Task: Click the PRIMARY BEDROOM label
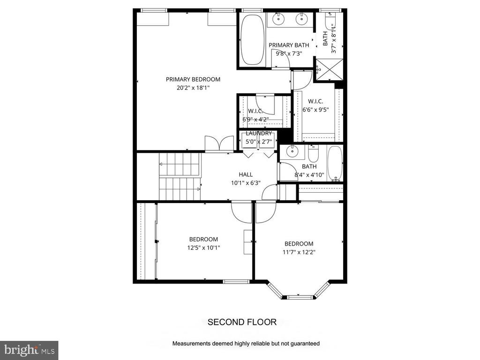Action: (193, 79)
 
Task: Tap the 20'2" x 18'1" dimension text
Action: (193, 88)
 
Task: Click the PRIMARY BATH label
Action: (289, 45)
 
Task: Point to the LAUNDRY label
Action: (259, 133)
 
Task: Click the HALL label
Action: (246, 174)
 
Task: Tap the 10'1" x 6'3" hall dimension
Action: (246, 183)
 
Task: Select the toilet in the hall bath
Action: (313, 154)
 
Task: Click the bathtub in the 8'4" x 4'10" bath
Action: (335, 164)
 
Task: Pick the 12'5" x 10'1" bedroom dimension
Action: (203, 247)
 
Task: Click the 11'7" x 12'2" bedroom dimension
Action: (299, 252)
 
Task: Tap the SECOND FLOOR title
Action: (242, 322)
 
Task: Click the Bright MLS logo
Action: (29, 350)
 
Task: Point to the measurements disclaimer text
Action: (246, 344)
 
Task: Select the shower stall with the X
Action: (330, 69)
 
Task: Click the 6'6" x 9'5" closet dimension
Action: (315, 110)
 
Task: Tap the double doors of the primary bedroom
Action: (219, 143)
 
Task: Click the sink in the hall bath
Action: (292, 151)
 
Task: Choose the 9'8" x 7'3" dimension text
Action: (289, 53)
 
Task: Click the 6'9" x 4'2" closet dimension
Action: (255, 119)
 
